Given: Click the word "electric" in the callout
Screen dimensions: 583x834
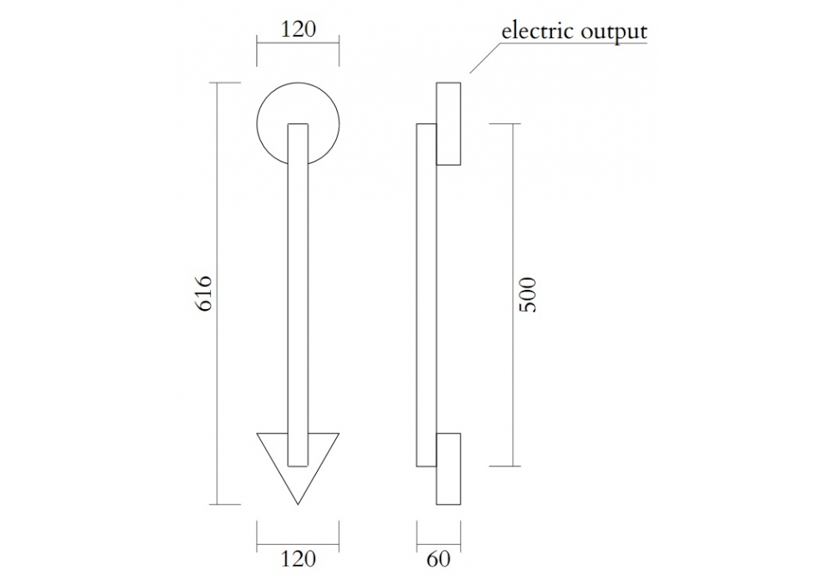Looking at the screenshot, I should point(535,32).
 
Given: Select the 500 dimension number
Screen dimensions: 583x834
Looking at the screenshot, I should point(527,294).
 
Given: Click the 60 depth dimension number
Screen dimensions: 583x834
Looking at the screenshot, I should point(438,559).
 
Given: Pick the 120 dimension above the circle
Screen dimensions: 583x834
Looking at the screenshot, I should point(298,29).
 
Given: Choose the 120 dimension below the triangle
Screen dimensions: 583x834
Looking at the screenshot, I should point(298,559).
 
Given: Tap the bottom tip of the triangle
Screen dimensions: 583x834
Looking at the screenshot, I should point(298,503).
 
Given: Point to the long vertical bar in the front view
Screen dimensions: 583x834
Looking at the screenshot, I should point(298,291).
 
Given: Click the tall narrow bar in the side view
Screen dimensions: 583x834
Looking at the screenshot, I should point(426,291).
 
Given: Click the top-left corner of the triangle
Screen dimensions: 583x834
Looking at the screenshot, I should point(259,434).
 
